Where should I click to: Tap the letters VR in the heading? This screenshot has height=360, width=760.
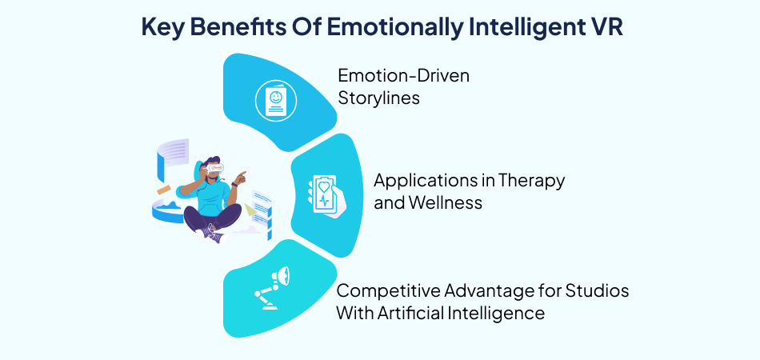pyautogui.click(x=603, y=26)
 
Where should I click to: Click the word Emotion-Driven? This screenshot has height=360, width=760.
pyautogui.click(x=403, y=76)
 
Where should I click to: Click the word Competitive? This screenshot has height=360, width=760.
pyautogui.click(x=386, y=291)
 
